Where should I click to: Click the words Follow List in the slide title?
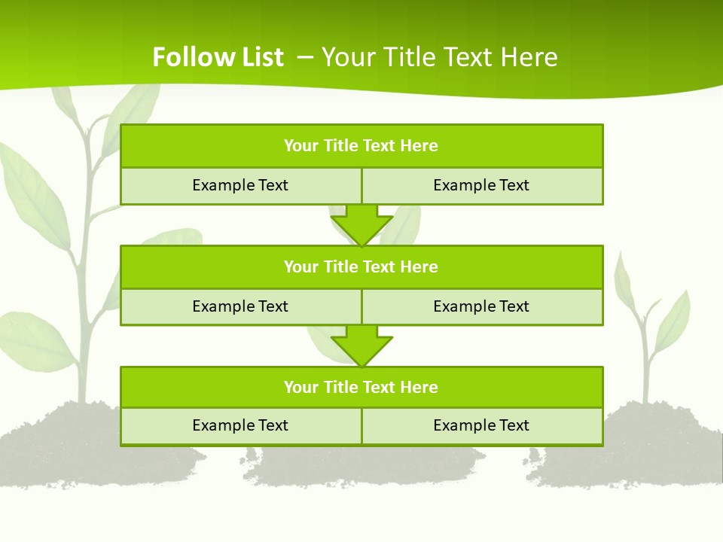click(218, 57)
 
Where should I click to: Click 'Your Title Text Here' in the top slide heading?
click(440, 57)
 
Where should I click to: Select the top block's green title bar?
click(361, 146)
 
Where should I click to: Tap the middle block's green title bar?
click(361, 267)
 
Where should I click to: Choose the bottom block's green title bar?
click(361, 388)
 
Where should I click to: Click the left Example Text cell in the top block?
click(240, 186)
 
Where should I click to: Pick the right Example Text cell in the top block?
click(481, 186)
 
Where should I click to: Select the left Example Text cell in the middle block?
click(240, 306)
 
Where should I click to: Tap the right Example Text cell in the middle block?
click(481, 306)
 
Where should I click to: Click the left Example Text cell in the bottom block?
click(240, 426)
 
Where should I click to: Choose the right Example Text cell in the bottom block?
click(481, 426)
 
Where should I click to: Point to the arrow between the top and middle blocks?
click(361, 224)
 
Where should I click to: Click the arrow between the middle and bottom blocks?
click(361, 346)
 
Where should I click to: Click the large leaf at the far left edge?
click(34, 196)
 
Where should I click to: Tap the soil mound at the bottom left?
click(68, 444)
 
